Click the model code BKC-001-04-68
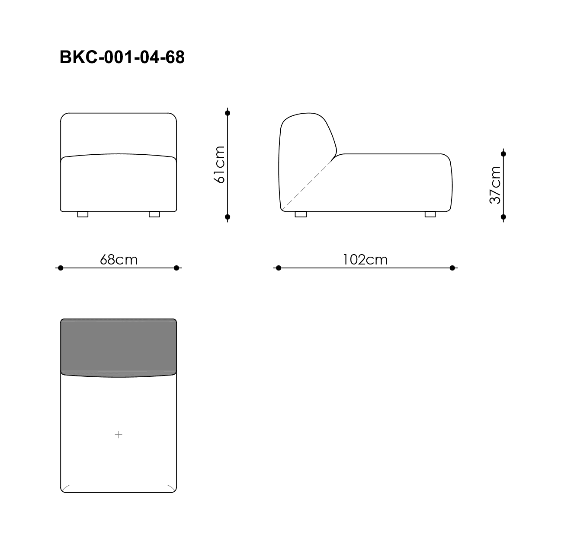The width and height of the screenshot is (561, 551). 122,57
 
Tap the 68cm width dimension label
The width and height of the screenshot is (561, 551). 119,259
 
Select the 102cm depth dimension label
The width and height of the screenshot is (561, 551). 365,259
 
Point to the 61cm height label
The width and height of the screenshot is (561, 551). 219,165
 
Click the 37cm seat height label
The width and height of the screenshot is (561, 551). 495,185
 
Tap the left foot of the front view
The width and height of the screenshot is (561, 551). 83,214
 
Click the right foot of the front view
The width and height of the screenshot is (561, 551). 154,214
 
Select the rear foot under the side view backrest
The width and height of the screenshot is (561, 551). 301,214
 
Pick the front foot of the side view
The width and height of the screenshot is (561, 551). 430,214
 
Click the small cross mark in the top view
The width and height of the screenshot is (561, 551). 119,435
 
